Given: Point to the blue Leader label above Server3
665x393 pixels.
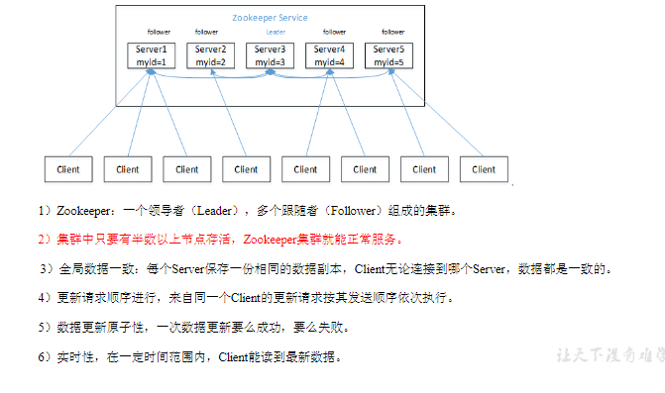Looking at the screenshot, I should pyautogui.click(x=275, y=32).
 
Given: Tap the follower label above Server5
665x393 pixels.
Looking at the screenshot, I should pyautogui.click(x=393, y=32).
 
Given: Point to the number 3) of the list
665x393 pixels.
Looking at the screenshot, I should pyautogui.click(x=46, y=268).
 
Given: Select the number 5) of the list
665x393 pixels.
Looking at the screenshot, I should pyautogui.click(x=45, y=327).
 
